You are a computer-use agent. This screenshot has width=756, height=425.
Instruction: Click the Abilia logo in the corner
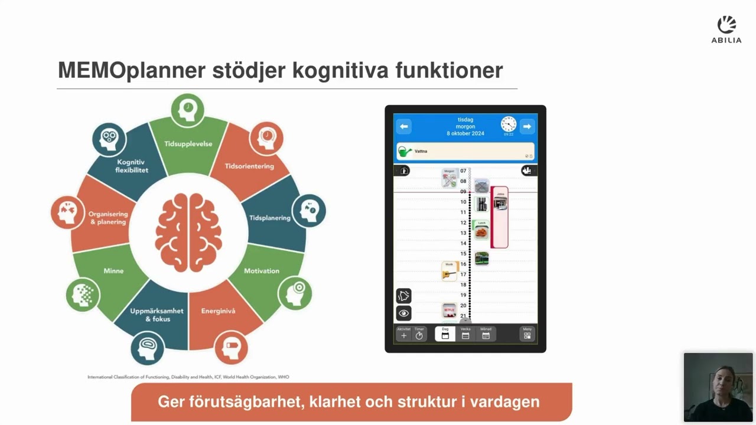click(x=726, y=30)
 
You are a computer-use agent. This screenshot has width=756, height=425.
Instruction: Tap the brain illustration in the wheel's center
click(x=188, y=233)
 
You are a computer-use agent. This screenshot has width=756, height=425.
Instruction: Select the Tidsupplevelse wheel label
click(x=188, y=143)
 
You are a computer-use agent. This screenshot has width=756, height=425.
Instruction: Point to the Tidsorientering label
click(x=249, y=166)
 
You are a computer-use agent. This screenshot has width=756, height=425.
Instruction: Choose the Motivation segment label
click(x=262, y=271)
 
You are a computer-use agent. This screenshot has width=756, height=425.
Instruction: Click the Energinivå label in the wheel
click(x=218, y=311)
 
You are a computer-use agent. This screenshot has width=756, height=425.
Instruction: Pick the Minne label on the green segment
click(x=113, y=271)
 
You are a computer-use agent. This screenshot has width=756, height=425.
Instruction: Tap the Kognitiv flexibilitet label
click(x=132, y=166)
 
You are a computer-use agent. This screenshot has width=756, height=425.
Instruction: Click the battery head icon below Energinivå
click(x=231, y=348)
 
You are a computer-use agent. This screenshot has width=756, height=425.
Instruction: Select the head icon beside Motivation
click(x=295, y=293)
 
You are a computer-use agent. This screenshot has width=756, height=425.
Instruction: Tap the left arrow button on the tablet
click(x=404, y=126)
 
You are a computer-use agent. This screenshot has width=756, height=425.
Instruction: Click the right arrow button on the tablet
click(x=527, y=126)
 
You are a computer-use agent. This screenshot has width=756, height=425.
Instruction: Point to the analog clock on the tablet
click(x=508, y=124)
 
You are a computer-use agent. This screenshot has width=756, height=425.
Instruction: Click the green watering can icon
click(x=405, y=152)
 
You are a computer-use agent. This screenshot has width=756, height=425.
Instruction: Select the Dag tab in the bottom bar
click(x=445, y=334)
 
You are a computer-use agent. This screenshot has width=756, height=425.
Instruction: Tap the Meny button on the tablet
click(x=527, y=334)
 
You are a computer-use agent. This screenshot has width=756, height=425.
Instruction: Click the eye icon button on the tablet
click(x=404, y=313)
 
